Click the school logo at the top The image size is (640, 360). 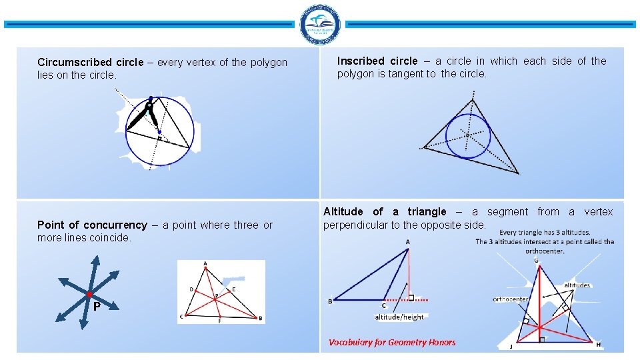pyautogui.click(x=320, y=25)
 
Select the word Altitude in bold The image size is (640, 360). pyautogui.click(x=345, y=212)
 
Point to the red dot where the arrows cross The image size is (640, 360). pyautogui.click(x=89, y=294)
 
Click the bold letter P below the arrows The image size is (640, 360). pyautogui.click(x=97, y=307)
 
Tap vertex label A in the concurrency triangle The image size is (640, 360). pyautogui.click(x=205, y=264)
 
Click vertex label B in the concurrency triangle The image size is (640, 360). pyautogui.click(x=260, y=318)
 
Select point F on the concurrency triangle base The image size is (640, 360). pyautogui.click(x=219, y=320)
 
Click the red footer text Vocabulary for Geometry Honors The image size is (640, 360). pyautogui.click(x=392, y=343)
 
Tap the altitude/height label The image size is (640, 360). pyautogui.click(x=399, y=317)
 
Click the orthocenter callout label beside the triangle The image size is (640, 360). pyautogui.click(x=511, y=299)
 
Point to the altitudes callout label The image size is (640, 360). pyautogui.click(x=577, y=285)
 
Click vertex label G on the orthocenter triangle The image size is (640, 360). pyautogui.click(x=536, y=260)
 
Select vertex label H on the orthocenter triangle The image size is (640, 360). pyautogui.click(x=598, y=345)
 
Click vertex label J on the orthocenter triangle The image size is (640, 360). pyautogui.click(x=511, y=346)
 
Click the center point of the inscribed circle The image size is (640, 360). pyautogui.click(x=468, y=135)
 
